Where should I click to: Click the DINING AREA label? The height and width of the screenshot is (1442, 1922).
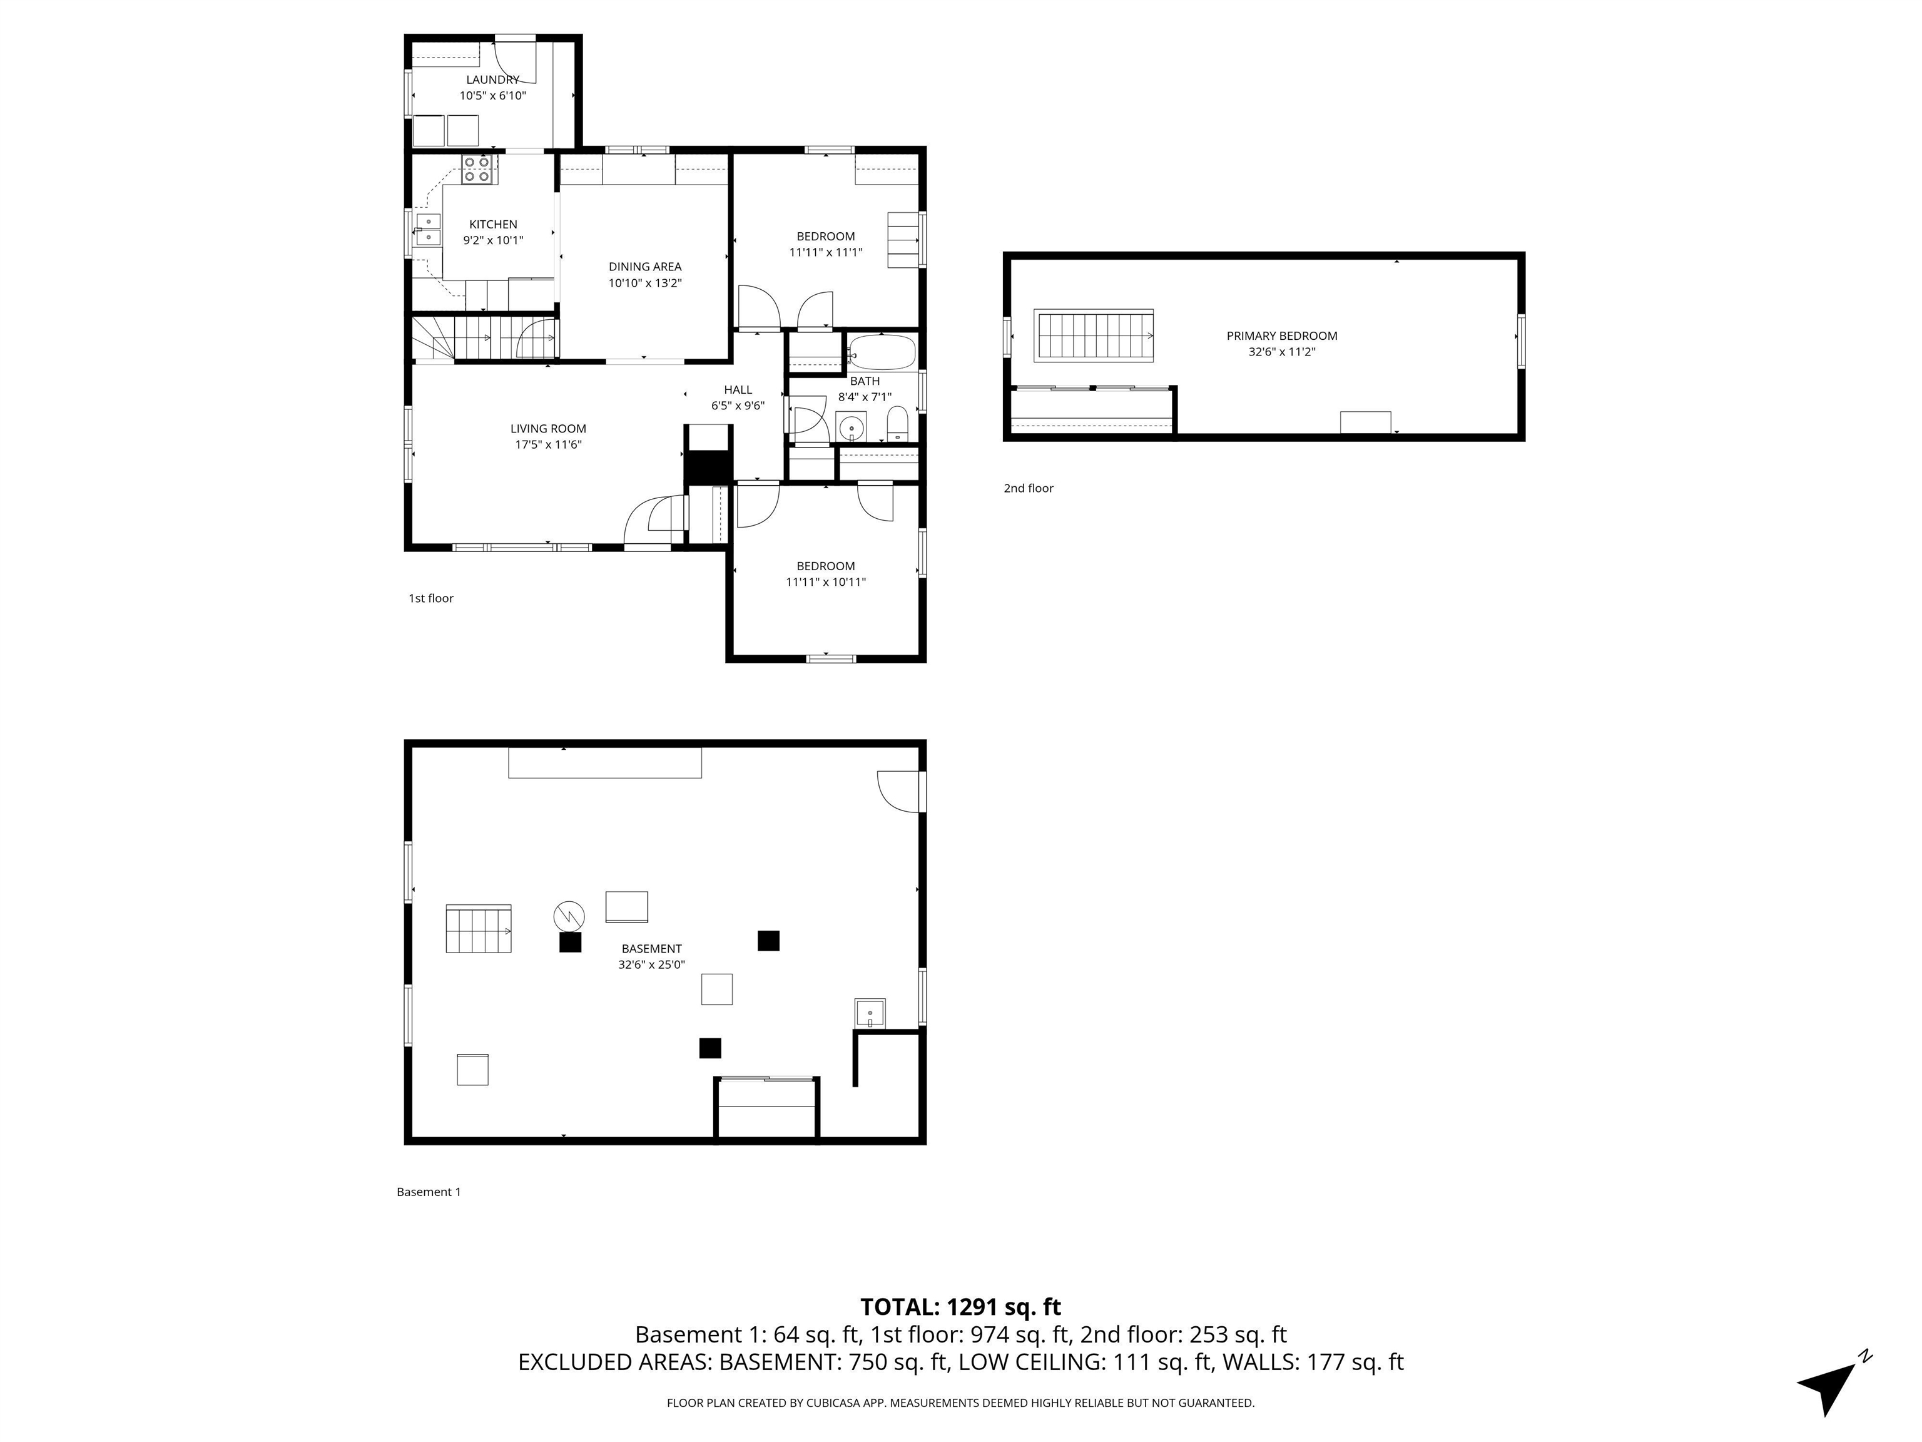[644, 267]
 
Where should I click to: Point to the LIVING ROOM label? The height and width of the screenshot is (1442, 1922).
[547, 429]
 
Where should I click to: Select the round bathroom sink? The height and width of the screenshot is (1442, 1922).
[852, 427]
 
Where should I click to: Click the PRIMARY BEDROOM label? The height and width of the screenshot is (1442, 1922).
[1281, 336]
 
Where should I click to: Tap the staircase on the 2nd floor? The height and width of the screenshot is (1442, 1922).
[1093, 335]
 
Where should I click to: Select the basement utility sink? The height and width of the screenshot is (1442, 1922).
[870, 1013]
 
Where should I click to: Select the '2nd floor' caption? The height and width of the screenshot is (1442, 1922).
[1028, 488]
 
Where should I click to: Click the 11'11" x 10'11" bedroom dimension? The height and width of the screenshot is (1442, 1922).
[825, 582]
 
